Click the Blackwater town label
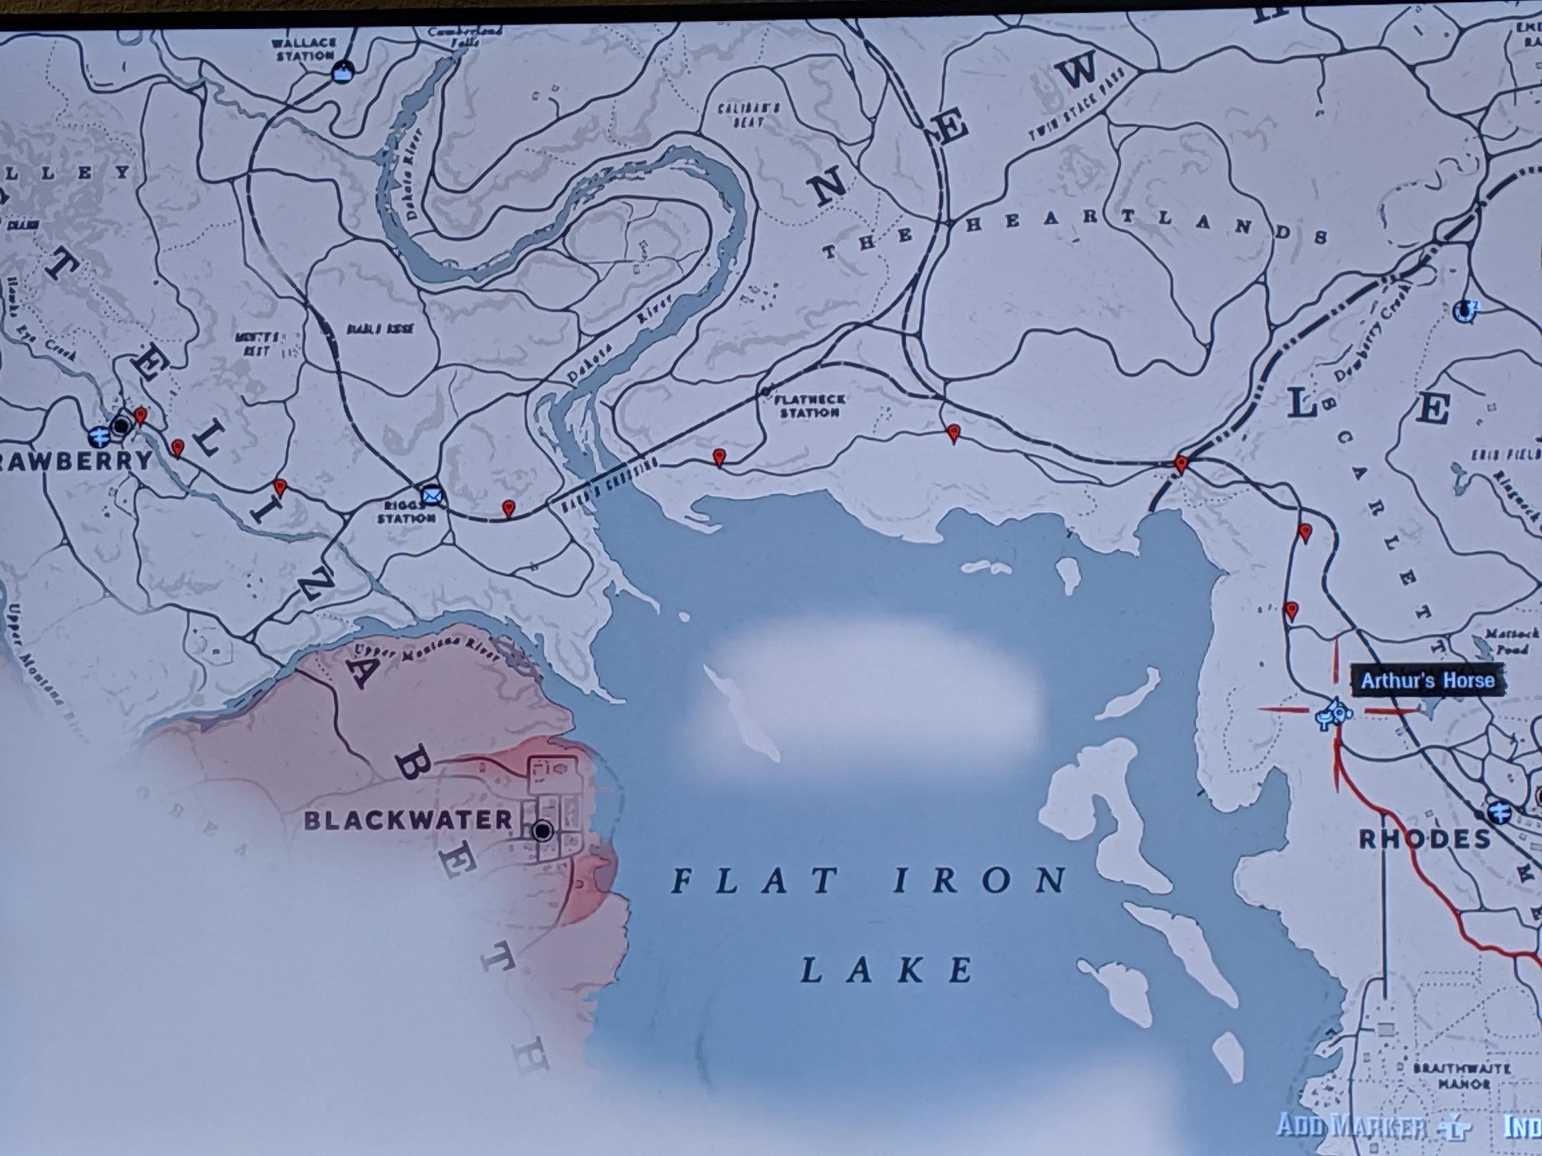pyautogui.click(x=408, y=820)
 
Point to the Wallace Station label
pyautogui.click(x=304, y=49)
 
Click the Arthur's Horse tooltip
pyautogui.click(x=1427, y=680)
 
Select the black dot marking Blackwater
pyautogui.click(x=542, y=831)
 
